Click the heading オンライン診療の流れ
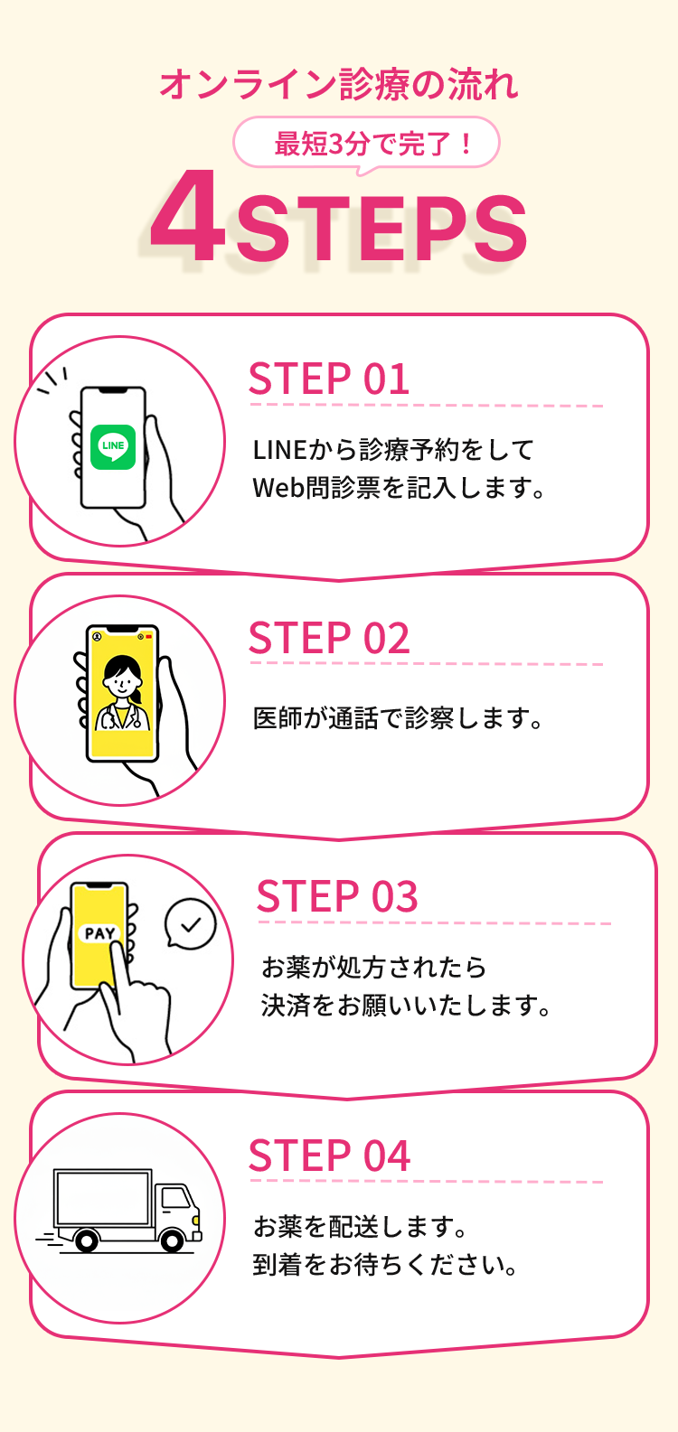339,85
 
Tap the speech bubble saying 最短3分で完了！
367,143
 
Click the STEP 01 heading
329,379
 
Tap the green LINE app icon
113,446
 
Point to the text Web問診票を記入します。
399,489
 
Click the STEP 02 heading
329,639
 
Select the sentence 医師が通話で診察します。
399,719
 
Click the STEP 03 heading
337,897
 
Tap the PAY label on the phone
99,933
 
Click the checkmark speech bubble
191,924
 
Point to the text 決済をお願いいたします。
406,1006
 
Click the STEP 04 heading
329,1156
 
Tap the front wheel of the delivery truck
172,1240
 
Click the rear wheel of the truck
87,1240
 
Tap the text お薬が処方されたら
373,968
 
